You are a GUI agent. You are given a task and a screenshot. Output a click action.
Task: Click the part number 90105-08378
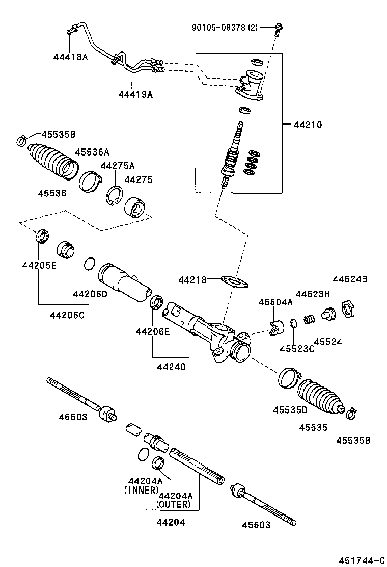tap(218, 28)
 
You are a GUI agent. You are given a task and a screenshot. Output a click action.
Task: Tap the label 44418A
tap(70, 57)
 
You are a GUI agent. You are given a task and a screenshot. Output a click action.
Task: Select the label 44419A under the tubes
tap(135, 94)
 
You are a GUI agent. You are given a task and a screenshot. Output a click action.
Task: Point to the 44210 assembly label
tap(307, 124)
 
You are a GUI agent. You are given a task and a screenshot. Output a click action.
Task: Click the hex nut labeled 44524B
tap(347, 308)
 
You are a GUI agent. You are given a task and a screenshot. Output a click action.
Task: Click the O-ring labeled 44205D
tap(89, 264)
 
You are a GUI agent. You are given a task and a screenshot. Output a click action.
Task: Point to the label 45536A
tap(92, 152)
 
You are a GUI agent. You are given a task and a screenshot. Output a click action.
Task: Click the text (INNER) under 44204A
tap(141, 489)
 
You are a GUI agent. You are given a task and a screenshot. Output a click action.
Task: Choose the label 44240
tap(171, 366)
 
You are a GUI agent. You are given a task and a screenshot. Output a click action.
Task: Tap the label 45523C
tap(297, 348)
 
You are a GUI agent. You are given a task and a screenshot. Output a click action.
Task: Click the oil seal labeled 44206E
tap(157, 302)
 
